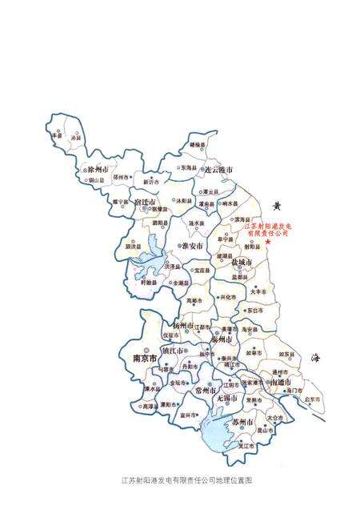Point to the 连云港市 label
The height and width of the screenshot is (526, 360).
click(x=217, y=171)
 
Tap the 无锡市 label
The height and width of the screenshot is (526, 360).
click(x=227, y=397)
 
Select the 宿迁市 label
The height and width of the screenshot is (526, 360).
click(x=149, y=202)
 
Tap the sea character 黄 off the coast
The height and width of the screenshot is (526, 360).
click(x=278, y=206)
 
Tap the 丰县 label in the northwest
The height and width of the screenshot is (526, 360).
click(x=56, y=137)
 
